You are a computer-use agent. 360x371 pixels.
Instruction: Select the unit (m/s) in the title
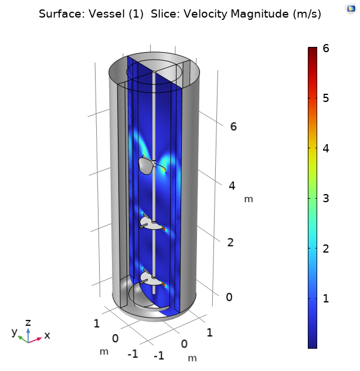307,14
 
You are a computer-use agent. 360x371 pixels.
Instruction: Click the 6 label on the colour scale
325,49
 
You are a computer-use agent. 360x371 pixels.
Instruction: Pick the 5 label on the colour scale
325,98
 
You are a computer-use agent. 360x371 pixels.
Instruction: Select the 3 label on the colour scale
325,199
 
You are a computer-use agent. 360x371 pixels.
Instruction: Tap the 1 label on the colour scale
325,299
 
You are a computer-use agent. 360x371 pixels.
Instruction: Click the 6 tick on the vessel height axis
233,126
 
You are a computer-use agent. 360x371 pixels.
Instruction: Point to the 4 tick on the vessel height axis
232,186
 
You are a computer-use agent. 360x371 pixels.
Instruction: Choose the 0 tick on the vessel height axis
229,297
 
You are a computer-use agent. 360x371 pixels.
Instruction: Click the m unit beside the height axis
249,199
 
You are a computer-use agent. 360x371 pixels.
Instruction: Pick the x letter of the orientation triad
47,335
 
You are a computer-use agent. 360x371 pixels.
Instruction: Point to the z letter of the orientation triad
28,322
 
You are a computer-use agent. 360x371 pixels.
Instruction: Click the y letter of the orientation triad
14,332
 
